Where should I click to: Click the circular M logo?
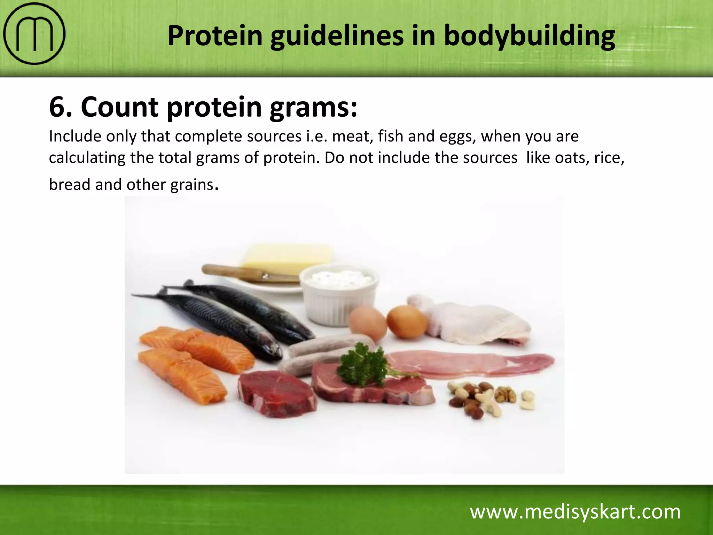click(x=34, y=34)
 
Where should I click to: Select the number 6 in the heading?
click(x=57, y=107)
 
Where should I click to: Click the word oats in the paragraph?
click(x=566, y=158)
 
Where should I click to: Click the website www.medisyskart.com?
click(x=575, y=512)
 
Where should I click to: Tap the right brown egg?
click(x=407, y=321)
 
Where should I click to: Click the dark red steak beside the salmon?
click(x=277, y=394)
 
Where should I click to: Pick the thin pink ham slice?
click(x=470, y=364)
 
